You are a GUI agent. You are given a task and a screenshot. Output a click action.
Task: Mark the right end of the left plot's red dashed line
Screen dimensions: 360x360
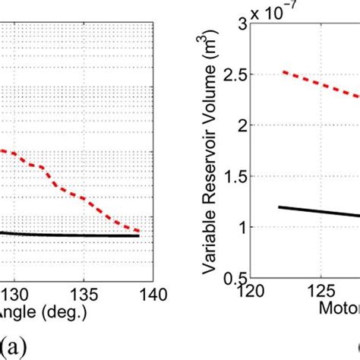point(140,231)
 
